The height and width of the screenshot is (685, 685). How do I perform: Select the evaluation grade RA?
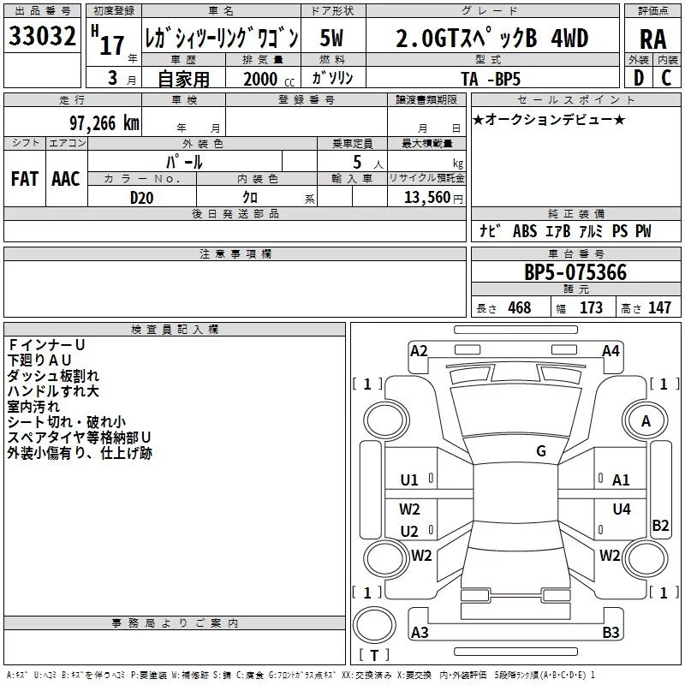652,39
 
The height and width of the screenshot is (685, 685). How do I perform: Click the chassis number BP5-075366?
575,273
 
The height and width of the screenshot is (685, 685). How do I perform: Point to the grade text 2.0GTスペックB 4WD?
491,39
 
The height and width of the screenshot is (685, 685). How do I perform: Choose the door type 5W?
333,39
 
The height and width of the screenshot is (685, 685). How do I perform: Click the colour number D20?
142,198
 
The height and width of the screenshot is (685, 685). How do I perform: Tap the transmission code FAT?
24,179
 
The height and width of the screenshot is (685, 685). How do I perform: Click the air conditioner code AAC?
65,179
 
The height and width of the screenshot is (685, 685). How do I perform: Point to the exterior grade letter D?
638,77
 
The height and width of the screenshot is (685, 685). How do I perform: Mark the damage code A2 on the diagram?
419,350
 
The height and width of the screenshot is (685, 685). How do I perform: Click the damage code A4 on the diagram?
611,350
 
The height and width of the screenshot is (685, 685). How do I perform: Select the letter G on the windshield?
541,451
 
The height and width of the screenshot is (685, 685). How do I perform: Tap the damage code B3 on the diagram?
611,633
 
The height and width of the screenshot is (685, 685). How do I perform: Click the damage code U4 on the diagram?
622,509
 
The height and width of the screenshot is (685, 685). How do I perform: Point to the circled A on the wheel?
646,420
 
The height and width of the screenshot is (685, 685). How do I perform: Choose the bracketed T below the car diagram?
373,656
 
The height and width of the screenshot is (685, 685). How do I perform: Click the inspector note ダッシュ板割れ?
53,375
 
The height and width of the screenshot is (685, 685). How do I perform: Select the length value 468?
519,308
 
